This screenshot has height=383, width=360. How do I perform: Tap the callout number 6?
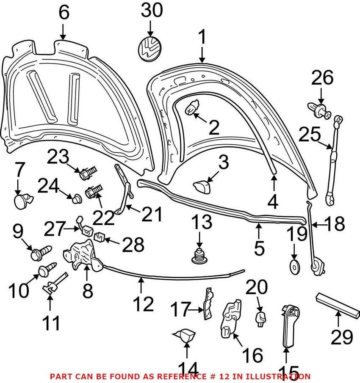point(64,13)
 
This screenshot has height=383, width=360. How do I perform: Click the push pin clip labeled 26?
point(318,110)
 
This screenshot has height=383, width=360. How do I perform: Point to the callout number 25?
point(309,134)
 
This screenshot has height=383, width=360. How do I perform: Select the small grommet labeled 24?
point(76,198)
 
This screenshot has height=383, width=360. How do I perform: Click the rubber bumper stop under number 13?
point(199,256)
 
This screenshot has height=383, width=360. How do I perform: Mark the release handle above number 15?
point(290,325)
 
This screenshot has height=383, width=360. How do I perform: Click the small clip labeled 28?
point(100,236)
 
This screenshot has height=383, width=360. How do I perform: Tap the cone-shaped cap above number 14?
point(185,335)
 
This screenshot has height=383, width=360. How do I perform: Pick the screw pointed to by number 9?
point(41,253)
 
